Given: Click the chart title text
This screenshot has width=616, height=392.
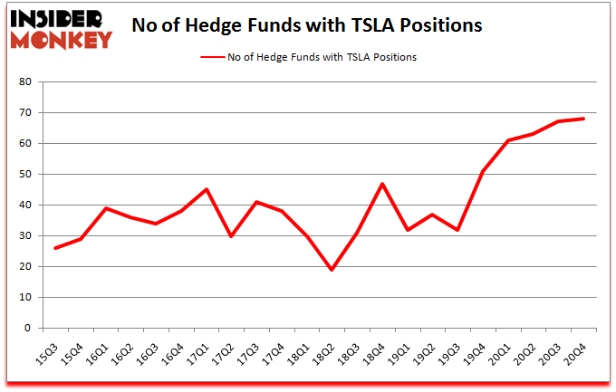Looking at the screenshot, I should pyautogui.click(x=306, y=26).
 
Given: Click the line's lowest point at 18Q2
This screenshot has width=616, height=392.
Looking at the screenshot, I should pyautogui.click(x=331, y=270).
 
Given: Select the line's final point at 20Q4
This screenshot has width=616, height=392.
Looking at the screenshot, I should pyautogui.click(x=583, y=119).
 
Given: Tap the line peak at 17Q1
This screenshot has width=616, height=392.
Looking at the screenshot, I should pyautogui.click(x=207, y=189).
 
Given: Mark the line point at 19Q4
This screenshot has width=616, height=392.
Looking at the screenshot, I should pyautogui.click(x=482, y=171).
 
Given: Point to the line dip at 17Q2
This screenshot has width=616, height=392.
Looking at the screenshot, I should pyautogui.click(x=231, y=235).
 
